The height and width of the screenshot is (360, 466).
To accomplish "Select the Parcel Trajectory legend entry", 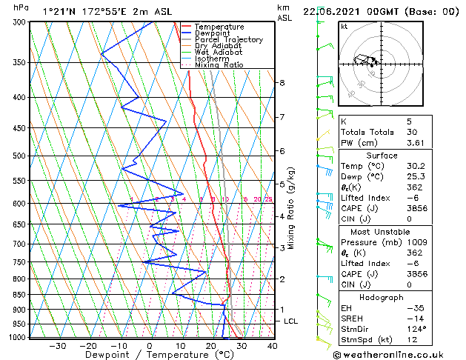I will pos(228,40).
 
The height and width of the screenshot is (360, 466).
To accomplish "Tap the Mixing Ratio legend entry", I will pos(219,65).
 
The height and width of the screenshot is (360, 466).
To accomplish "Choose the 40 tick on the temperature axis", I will pos(272,346).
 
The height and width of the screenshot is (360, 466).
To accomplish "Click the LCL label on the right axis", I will pos(290,321).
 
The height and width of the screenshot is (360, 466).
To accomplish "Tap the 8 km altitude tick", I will pos(282,82).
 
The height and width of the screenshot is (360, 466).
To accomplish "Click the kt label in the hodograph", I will pos(344,27).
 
